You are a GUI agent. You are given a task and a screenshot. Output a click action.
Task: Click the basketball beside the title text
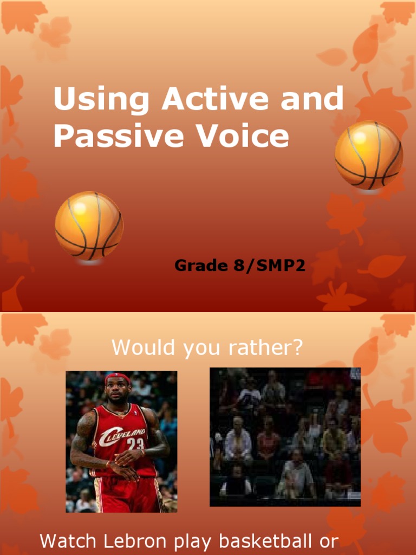[x=368, y=155]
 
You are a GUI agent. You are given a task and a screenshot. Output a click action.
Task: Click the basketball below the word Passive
[x=89, y=225]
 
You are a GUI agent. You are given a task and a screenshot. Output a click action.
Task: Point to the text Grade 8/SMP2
[x=240, y=266]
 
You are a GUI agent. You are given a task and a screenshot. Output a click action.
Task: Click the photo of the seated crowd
[x=285, y=437]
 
